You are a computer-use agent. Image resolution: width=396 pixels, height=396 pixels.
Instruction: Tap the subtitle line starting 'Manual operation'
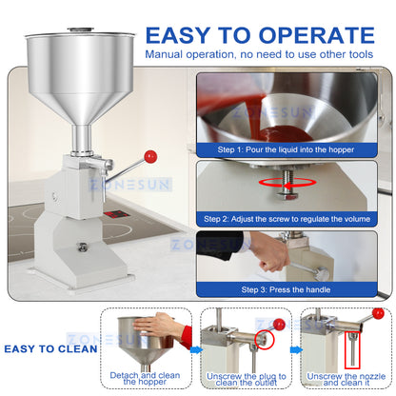[x=259, y=53]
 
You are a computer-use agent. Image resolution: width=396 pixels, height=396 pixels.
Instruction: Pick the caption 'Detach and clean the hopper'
[x=146, y=380]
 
